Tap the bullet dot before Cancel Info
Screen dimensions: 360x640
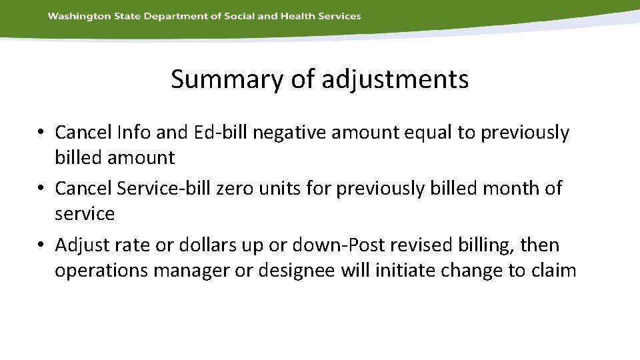pos(41,133)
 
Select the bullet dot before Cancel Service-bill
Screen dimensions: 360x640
pos(41,189)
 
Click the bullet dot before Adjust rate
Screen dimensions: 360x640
pos(41,245)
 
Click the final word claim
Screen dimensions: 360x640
pos(553,271)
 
